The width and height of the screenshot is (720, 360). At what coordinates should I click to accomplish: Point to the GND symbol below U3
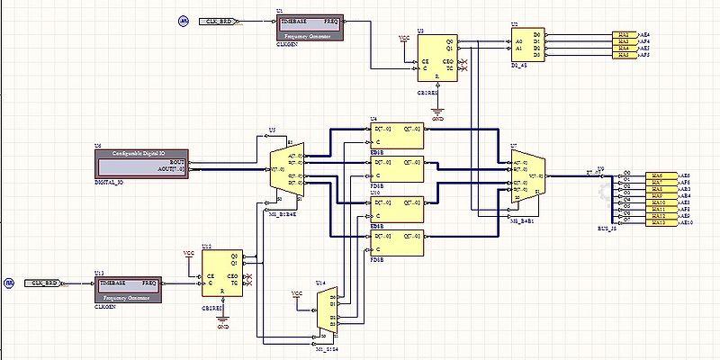coord(438,113)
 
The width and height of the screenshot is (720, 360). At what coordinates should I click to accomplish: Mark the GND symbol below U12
coord(223,321)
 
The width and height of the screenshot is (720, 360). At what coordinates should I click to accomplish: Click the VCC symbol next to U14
coord(297,294)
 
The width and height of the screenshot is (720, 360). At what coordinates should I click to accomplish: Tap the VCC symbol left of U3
coord(403,39)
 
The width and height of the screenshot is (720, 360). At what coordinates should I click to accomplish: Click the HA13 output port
coord(658,222)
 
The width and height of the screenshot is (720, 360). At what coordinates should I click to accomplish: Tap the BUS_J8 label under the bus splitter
coord(608,230)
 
